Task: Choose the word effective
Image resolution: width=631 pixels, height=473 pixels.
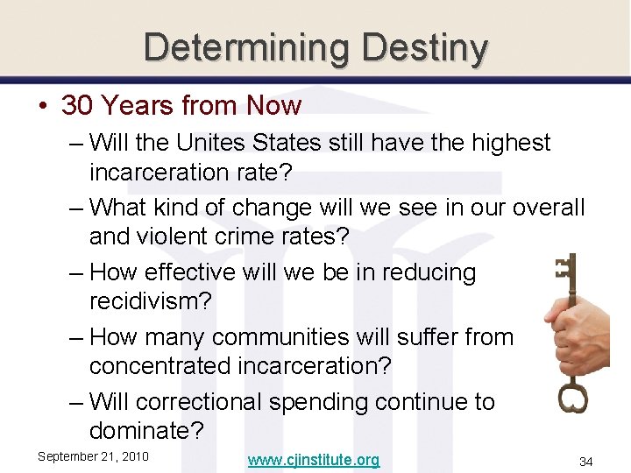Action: click(195, 272)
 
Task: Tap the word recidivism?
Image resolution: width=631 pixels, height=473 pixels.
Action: click(151, 301)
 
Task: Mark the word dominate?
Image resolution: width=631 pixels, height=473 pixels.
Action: click(146, 431)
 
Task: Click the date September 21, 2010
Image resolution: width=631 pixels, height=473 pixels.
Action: click(93, 456)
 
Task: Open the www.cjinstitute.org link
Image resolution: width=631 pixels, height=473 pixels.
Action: click(313, 460)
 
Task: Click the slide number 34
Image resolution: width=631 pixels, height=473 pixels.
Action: click(585, 461)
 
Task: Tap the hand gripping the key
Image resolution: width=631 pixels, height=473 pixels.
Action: click(574, 337)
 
